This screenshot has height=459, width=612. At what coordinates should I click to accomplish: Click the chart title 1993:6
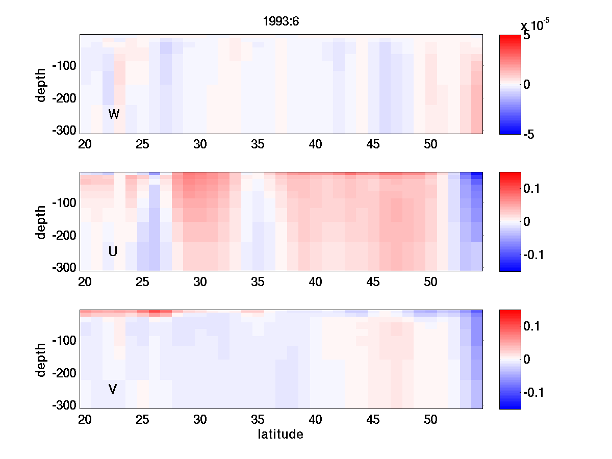(x=280, y=21)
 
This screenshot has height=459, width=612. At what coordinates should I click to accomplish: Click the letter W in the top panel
(x=114, y=114)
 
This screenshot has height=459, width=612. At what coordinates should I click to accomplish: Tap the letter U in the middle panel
(x=113, y=251)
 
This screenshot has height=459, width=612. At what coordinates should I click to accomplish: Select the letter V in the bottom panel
(x=113, y=389)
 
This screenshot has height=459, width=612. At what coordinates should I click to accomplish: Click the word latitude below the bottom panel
(x=280, y=435)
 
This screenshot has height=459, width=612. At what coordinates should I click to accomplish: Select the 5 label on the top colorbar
(x=527, y=36)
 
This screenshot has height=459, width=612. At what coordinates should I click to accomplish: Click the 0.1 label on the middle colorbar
(x=533, y=189)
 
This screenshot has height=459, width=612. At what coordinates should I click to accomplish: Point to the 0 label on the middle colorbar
(x=527, y=221)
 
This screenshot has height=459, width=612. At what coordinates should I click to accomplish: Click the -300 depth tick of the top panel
(x=64, y=130)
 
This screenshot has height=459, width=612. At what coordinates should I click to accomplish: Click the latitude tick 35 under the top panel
(x=258, y=144)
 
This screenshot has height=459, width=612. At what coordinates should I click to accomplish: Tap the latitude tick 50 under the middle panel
(x=431, y=282)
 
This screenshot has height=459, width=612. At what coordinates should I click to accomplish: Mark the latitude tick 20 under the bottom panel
(x=85, y=420)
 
